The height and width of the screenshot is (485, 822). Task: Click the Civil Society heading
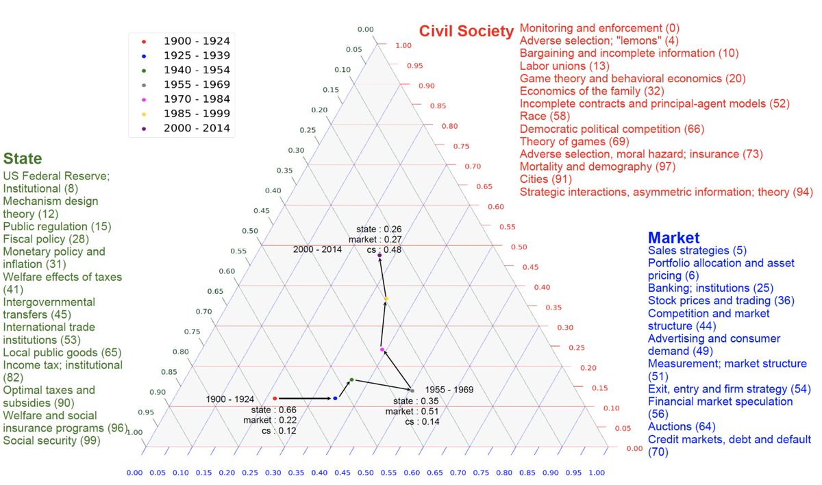point(466,31)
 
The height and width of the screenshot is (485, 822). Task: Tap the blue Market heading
point(673,238)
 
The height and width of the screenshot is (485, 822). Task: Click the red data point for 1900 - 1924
point(275,398)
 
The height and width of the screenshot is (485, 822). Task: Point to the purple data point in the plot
point(379,256)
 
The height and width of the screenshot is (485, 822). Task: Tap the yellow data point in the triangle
point(386,299)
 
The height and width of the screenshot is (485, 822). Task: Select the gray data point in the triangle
point(412,390)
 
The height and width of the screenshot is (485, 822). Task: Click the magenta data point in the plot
point(382,350)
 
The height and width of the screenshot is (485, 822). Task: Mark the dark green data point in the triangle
point(351,380)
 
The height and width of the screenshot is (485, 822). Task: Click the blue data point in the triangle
point(335,398)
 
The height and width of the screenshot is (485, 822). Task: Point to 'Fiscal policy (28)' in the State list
point(46,238)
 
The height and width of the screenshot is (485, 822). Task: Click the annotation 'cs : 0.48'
point(384,249)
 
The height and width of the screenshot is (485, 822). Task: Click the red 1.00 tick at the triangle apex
point(403,45)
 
